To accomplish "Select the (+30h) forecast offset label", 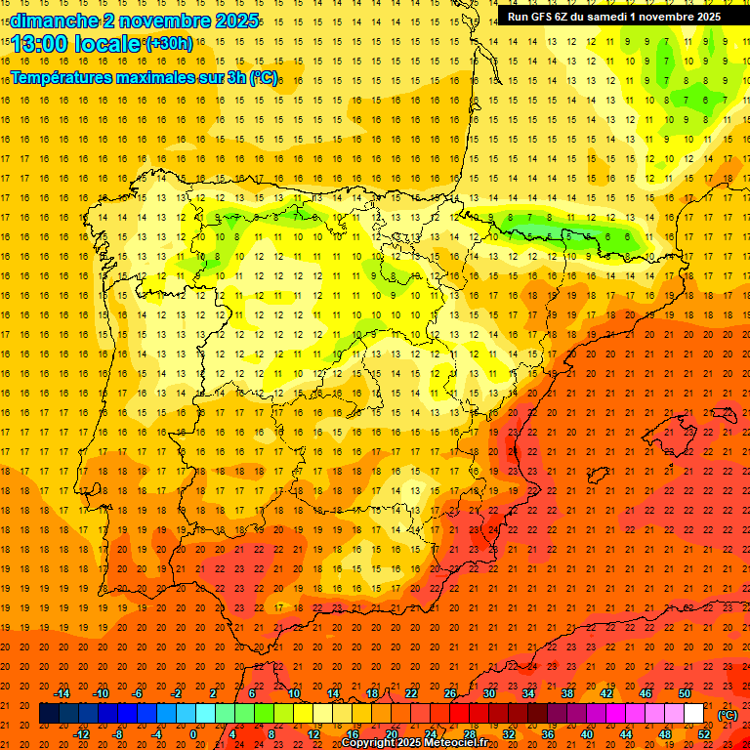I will [169, 44].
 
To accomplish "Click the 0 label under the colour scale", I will [193, 734].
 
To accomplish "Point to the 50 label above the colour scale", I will [684, 693].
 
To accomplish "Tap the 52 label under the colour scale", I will [703, 734].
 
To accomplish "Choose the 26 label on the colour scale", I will [450, 693].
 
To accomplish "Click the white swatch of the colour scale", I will [694, 714].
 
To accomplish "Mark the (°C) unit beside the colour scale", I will [728, 715].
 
